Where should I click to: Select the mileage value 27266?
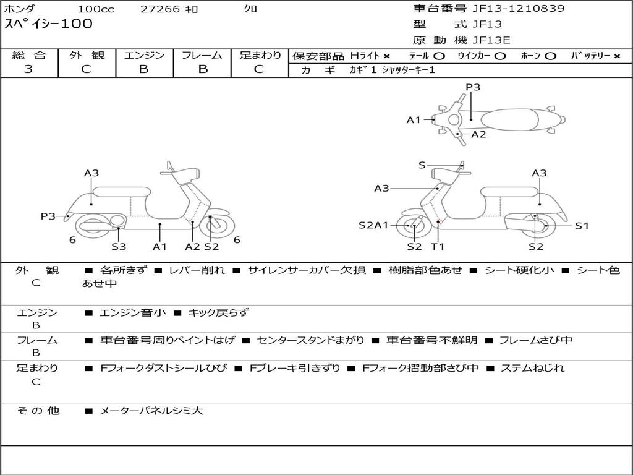click(160, 9)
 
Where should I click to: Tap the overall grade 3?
click(28, 69)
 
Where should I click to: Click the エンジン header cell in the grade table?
click(144, 55)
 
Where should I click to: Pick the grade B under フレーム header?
click(203, 69)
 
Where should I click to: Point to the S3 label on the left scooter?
click(119, 246)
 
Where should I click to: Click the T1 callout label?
click(438, 246)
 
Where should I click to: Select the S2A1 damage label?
click(373, 225)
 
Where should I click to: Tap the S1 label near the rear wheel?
click(582, 226)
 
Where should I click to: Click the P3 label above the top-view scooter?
click(473, 87)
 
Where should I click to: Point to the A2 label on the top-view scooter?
click(479, 134)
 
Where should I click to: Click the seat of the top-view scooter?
click(509, 120)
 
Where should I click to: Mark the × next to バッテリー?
click(616, 56)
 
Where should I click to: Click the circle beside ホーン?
click(550, 56)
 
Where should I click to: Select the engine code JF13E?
click(491, 40)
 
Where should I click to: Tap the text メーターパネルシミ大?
click(151, 411)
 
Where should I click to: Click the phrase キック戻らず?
click(218, 312)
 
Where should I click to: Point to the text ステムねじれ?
click(532, 368)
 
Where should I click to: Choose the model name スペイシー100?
click(48, 24)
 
